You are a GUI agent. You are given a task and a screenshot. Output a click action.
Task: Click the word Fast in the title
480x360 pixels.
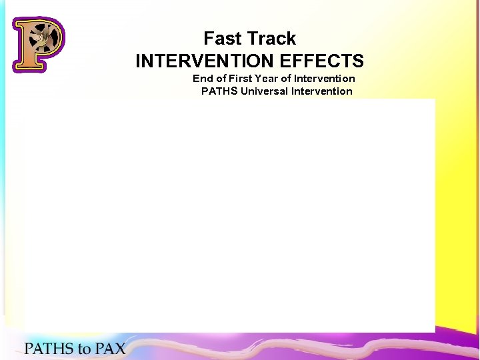(221, 39)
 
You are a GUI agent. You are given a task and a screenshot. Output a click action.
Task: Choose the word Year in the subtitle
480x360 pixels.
(275, 79)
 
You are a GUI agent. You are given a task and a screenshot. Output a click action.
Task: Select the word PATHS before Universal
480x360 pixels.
(219, 91)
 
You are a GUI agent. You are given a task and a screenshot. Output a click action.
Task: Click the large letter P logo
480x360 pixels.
(38, 44)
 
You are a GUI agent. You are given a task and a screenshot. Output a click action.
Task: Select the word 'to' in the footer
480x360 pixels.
(85, 348)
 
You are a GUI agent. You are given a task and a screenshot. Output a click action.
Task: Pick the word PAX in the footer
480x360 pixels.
(110, 348)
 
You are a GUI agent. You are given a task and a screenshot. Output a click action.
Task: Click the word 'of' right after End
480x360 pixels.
(220, 79)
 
